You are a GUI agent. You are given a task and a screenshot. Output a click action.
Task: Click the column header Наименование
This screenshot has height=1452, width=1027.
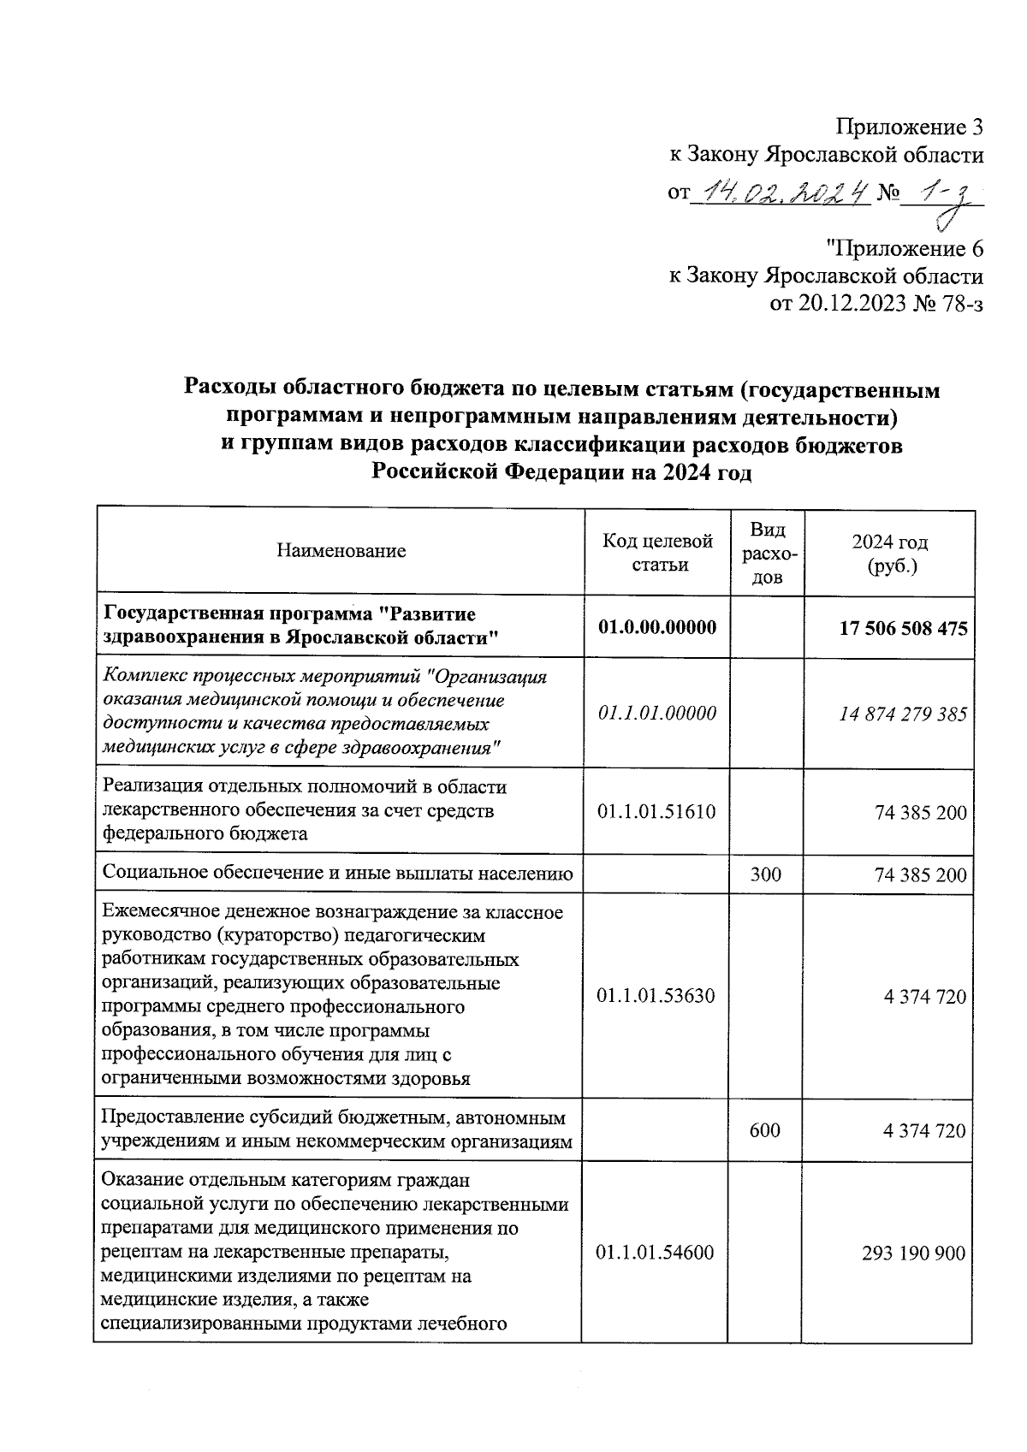tap(341, 551)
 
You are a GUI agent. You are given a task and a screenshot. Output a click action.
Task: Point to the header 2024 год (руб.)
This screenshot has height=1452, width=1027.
tap(889, 554)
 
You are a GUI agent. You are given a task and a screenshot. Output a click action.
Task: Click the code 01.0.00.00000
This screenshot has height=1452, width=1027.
tap(656, 627)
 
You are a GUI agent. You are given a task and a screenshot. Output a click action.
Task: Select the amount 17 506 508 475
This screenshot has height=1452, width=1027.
tap(903, 629)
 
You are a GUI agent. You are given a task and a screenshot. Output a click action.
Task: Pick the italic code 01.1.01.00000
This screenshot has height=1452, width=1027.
tap(656, 713)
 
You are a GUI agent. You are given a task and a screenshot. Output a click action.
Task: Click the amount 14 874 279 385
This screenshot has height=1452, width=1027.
tap(903, 714)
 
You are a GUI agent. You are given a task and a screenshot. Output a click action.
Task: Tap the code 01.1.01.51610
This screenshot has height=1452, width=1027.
tap(656, 811)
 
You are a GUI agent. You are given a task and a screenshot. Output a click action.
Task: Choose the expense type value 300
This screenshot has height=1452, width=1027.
tap(765, 874)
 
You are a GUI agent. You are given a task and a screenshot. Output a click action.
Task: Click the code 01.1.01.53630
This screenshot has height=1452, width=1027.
tap(656, 996)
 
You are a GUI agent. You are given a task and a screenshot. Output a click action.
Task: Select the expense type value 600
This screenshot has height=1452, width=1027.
tap(764, 1130)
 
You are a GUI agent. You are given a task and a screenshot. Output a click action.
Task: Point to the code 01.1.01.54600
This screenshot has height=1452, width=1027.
tap(656, 1253)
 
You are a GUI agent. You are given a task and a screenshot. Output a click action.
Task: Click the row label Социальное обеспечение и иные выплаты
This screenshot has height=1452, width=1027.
tap(337, 874)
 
